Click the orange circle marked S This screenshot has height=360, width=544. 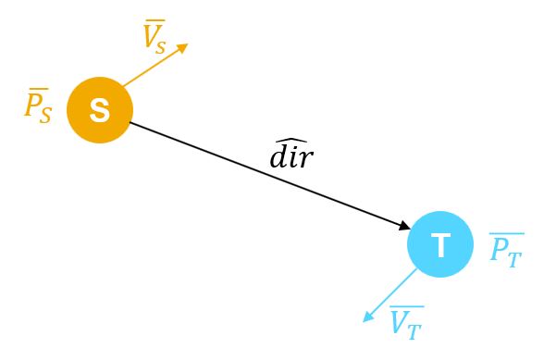click(100, 110)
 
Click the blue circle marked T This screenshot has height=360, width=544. click(440, 244)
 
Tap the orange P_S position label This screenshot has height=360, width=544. click(38, 106)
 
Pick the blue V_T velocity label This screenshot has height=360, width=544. click(406, 322)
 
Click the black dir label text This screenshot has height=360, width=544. click(291, 157)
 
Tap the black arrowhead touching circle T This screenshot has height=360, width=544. click(404, 226)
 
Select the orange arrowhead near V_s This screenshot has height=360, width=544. click(182, 47)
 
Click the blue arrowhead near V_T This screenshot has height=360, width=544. click(368, 317)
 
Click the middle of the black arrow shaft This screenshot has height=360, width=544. click(268, 175)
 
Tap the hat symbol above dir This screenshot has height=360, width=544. click(291, 140)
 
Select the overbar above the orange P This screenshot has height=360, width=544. click(36, 90)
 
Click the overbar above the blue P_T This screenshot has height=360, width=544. click(506, 234)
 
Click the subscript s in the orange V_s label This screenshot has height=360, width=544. click(161, 45)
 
